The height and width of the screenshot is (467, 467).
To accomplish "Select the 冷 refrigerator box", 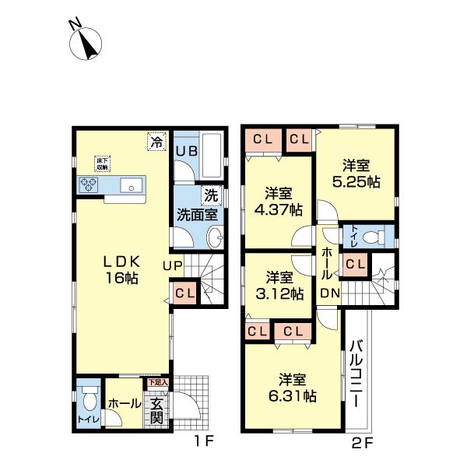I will point(157,141).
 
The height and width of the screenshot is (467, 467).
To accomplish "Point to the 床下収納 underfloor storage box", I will point(101,163).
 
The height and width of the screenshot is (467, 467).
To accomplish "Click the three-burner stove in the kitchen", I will point(88,184).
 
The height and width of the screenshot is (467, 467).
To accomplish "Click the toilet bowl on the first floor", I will point(89,399).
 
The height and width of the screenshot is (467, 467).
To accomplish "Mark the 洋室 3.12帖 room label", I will point(280,285).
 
